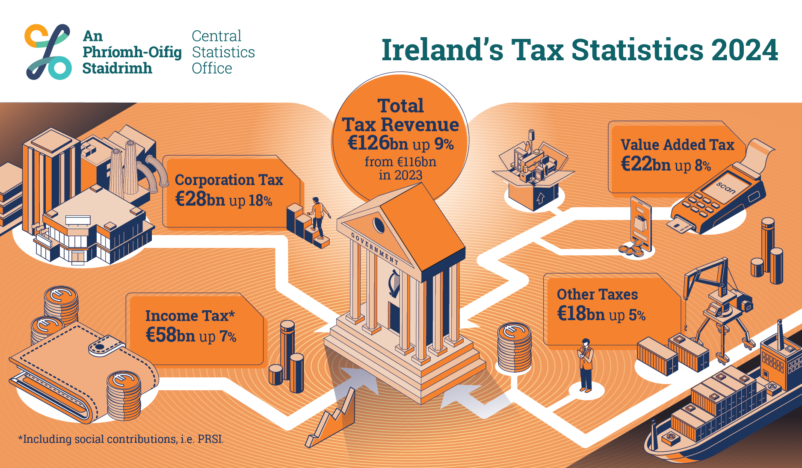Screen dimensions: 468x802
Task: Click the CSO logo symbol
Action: [x=48, y=52]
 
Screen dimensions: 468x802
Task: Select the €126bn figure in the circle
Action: [x=369, y=143]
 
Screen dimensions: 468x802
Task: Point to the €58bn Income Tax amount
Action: [x=170, y=335]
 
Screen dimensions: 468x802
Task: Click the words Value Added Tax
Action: [x=677, y=145]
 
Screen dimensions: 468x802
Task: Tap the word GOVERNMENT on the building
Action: [x=374, y=248]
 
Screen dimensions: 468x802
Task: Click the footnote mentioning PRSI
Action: [x=121, y=439]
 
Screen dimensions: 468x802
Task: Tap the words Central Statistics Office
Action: [x=223, y=52]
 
